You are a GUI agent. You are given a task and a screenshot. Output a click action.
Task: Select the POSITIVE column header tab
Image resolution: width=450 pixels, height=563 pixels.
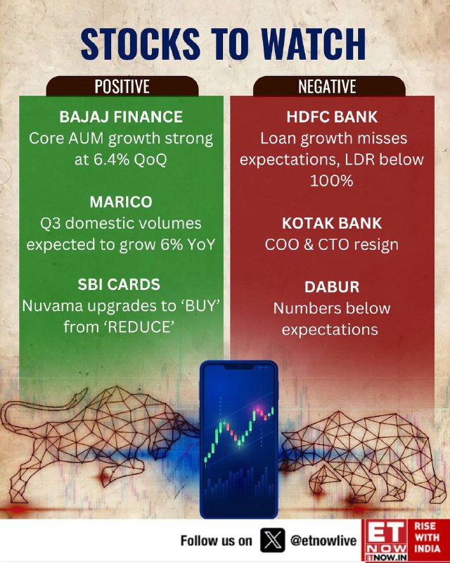122,86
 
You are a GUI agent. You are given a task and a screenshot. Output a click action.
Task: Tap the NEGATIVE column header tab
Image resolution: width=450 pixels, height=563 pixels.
328,86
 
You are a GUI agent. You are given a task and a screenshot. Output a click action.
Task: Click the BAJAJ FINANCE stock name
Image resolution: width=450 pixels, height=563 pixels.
121,117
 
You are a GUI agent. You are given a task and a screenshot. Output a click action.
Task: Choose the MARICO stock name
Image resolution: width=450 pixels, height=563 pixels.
121,202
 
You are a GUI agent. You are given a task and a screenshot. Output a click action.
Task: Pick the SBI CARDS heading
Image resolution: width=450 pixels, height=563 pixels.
119,284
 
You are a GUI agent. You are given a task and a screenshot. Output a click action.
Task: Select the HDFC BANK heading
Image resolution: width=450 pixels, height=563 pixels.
332,117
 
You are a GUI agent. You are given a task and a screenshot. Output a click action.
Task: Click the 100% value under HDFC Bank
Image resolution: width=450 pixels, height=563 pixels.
332,181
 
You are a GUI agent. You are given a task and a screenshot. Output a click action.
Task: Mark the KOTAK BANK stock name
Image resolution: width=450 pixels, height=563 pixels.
332,223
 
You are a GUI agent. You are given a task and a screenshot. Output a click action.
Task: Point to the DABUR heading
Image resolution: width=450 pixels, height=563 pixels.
332,287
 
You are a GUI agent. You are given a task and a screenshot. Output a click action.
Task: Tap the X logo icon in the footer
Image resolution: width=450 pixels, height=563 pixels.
273,540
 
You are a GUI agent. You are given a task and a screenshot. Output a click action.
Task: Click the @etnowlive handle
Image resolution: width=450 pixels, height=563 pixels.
323,540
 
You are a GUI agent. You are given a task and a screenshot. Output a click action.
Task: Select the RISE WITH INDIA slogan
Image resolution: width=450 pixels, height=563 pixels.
427,538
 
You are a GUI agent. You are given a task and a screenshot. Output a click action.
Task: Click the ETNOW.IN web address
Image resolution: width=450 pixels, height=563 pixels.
386,557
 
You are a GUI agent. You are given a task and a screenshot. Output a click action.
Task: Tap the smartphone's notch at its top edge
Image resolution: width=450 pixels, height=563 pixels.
238,367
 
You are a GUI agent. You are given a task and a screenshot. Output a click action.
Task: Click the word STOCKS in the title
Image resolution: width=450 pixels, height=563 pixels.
141,44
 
